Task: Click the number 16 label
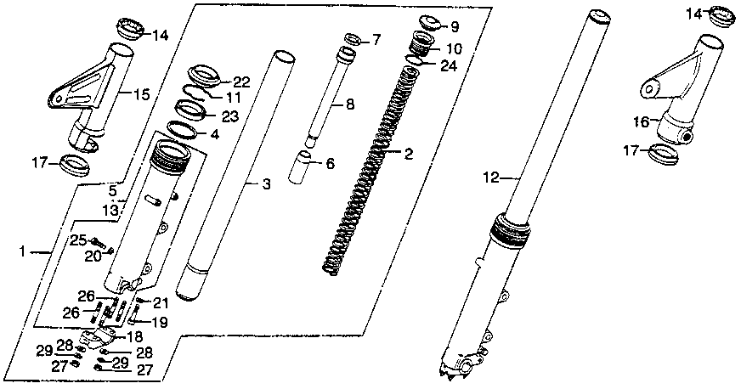[x=642, y=122]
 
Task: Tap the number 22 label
[x=241, y=82]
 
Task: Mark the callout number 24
[x=450, y=65]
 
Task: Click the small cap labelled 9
[x=427, y=23]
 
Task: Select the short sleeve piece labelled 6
[x=302, y=166]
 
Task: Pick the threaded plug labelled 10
[x=422, y=43]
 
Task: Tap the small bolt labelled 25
[x=95, y=241]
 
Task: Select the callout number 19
[x=159, y=322]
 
